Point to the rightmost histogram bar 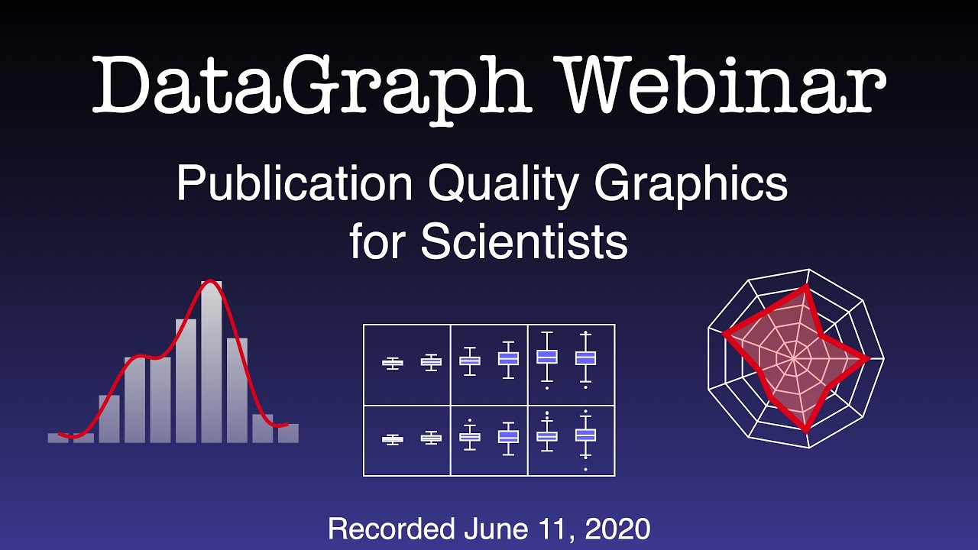point(288,433)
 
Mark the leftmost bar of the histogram point(58,438)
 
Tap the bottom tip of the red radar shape point(806,430)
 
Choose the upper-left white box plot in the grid point(392,363)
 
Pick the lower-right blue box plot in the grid point(585,435)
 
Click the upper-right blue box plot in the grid point(585,357)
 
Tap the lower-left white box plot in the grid point(392,438)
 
